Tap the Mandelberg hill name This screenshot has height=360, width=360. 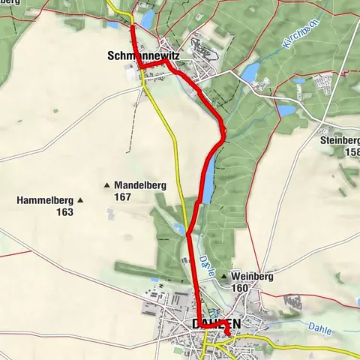tap(140, 184)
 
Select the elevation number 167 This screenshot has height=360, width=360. tap(123, 196)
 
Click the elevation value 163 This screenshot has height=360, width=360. tap(64, 212)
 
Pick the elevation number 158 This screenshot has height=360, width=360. tap(350, 152)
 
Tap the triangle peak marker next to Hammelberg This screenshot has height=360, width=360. tap(79, 200)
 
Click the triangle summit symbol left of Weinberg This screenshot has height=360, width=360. tap(223, 277)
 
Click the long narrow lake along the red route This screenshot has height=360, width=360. tap(208, 180)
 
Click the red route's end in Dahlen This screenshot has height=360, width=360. tap(228, 333)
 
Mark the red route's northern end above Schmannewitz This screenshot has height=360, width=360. tap(133, 25)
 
